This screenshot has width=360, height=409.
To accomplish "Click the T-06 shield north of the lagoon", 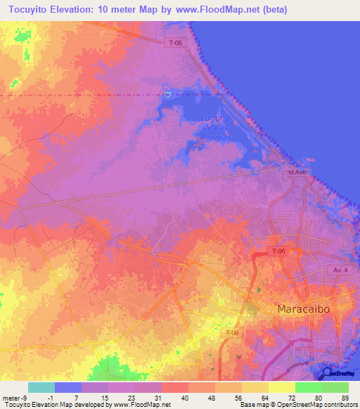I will [x=179, y=43].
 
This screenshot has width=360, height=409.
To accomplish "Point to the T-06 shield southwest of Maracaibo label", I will [x=233, y=332].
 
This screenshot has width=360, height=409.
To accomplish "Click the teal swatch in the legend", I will [x=41, y=387].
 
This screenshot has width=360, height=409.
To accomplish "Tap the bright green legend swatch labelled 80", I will [x=308, y=387].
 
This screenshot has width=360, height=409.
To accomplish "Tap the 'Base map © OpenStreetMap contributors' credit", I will [x=297, y=405].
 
